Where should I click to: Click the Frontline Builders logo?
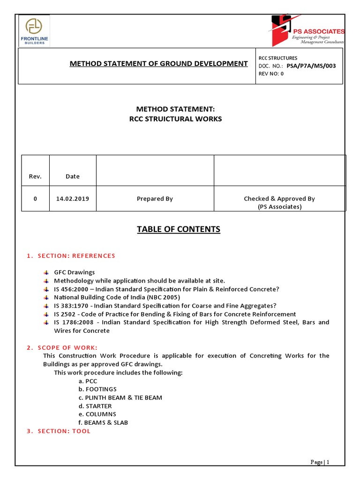[34, 30]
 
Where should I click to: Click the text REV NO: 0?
[271, 74]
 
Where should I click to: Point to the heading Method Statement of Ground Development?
[158, 63]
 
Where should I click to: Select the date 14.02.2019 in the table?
[73, 199]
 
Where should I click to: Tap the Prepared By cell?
[155, 199]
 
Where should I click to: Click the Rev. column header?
[35, 177]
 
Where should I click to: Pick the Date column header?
[73, 177]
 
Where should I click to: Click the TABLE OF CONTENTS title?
[178, 229]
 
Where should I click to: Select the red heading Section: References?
[71, 255]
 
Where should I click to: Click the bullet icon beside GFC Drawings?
[46, 272]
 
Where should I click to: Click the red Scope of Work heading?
[62, 347]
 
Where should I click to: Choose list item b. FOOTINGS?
[97, 389]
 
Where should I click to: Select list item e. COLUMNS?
[97, 414]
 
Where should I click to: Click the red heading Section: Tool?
[59, 431]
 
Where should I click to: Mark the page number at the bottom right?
[320, 462]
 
